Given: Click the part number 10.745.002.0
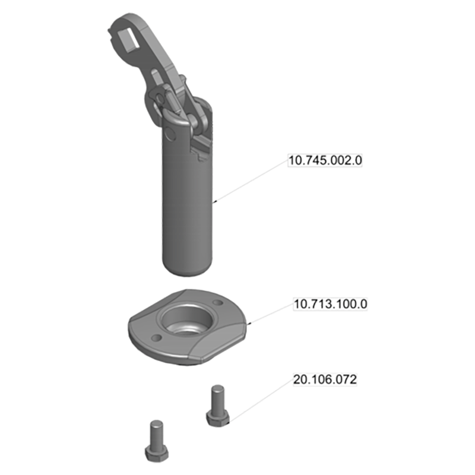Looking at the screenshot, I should point(325,160).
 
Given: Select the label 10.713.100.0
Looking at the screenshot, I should point(331,304).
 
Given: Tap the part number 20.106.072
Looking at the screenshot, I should point(325,379).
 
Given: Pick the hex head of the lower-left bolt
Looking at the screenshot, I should point(156,455).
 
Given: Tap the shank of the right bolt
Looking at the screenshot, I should point(217,397).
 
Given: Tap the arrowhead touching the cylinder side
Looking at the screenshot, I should point(215,202).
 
